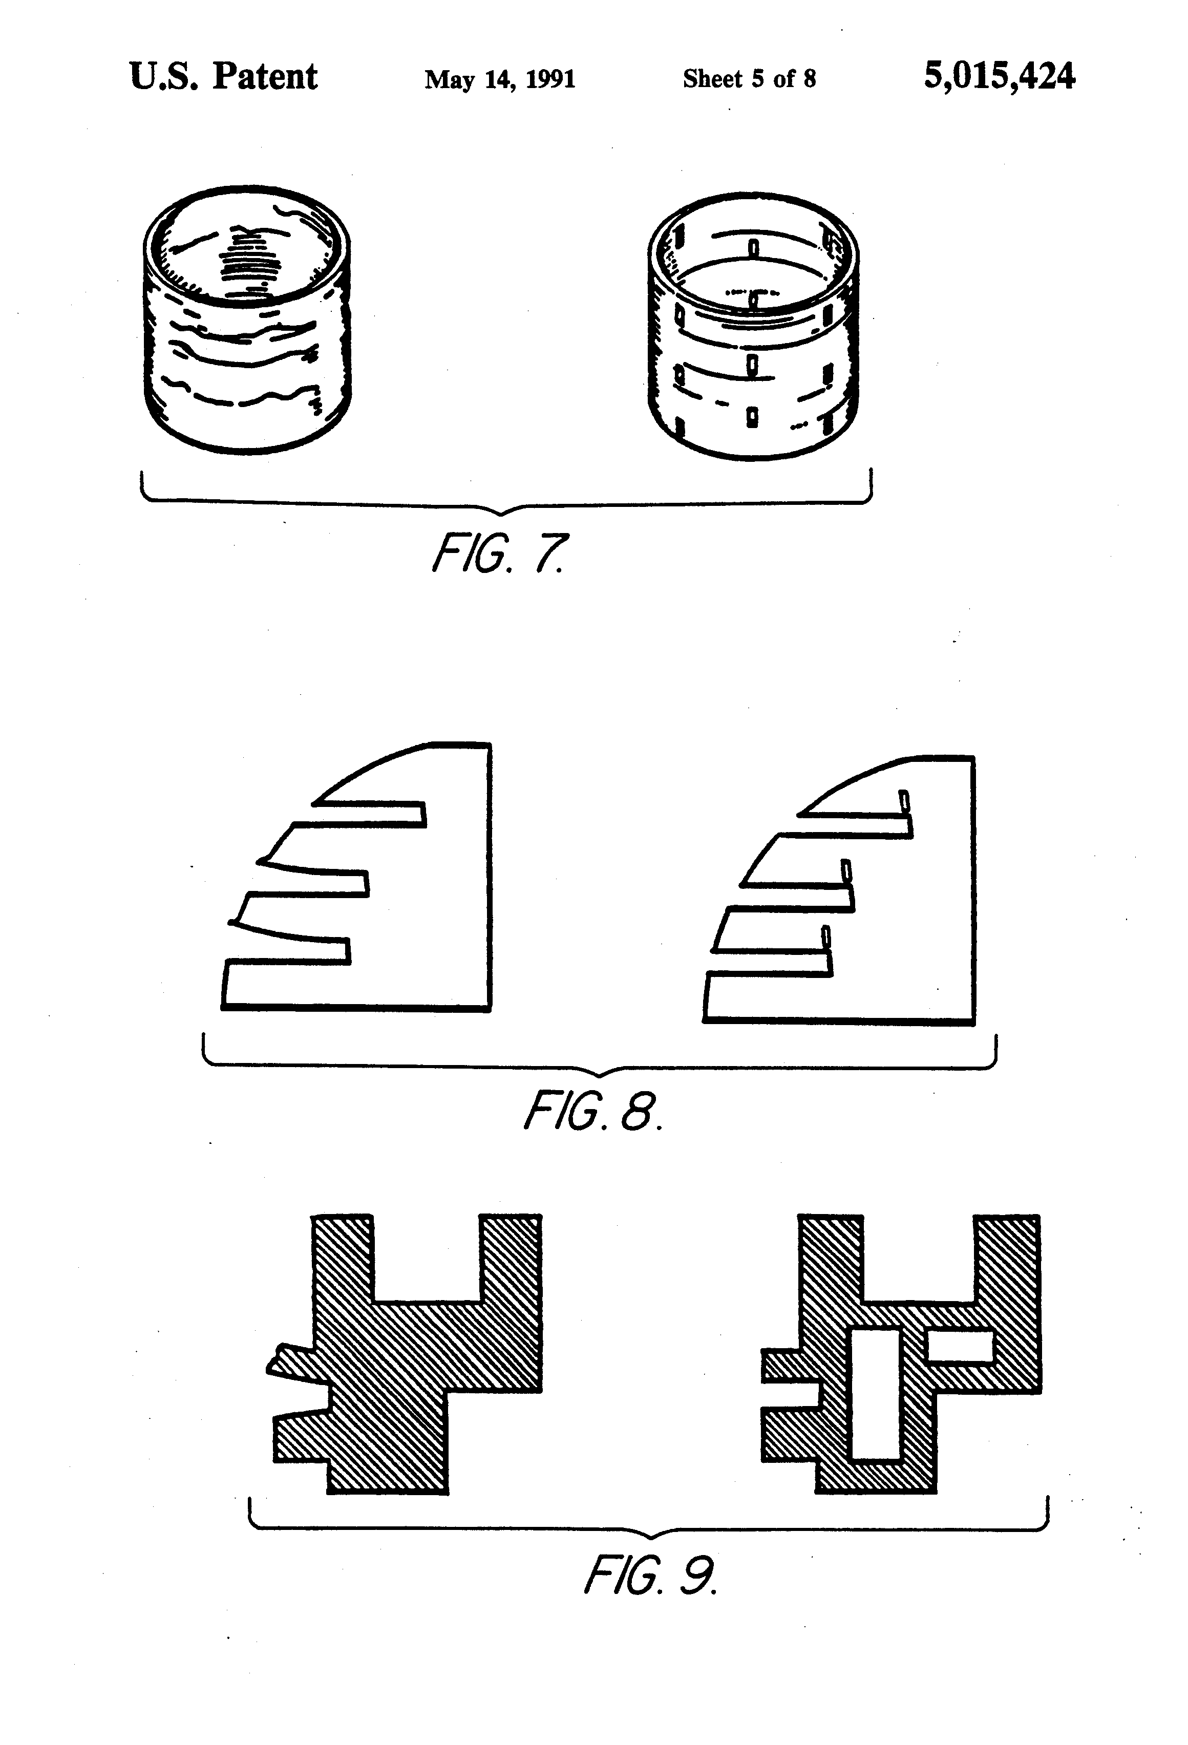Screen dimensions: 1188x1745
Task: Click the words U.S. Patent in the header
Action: [223, 77]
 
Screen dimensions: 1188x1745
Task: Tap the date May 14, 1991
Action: [499, 79]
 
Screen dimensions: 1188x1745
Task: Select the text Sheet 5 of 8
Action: [749, 79]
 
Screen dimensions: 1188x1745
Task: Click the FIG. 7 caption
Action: [499, 554]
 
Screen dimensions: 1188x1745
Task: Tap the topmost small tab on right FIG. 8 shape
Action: [905, 800]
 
